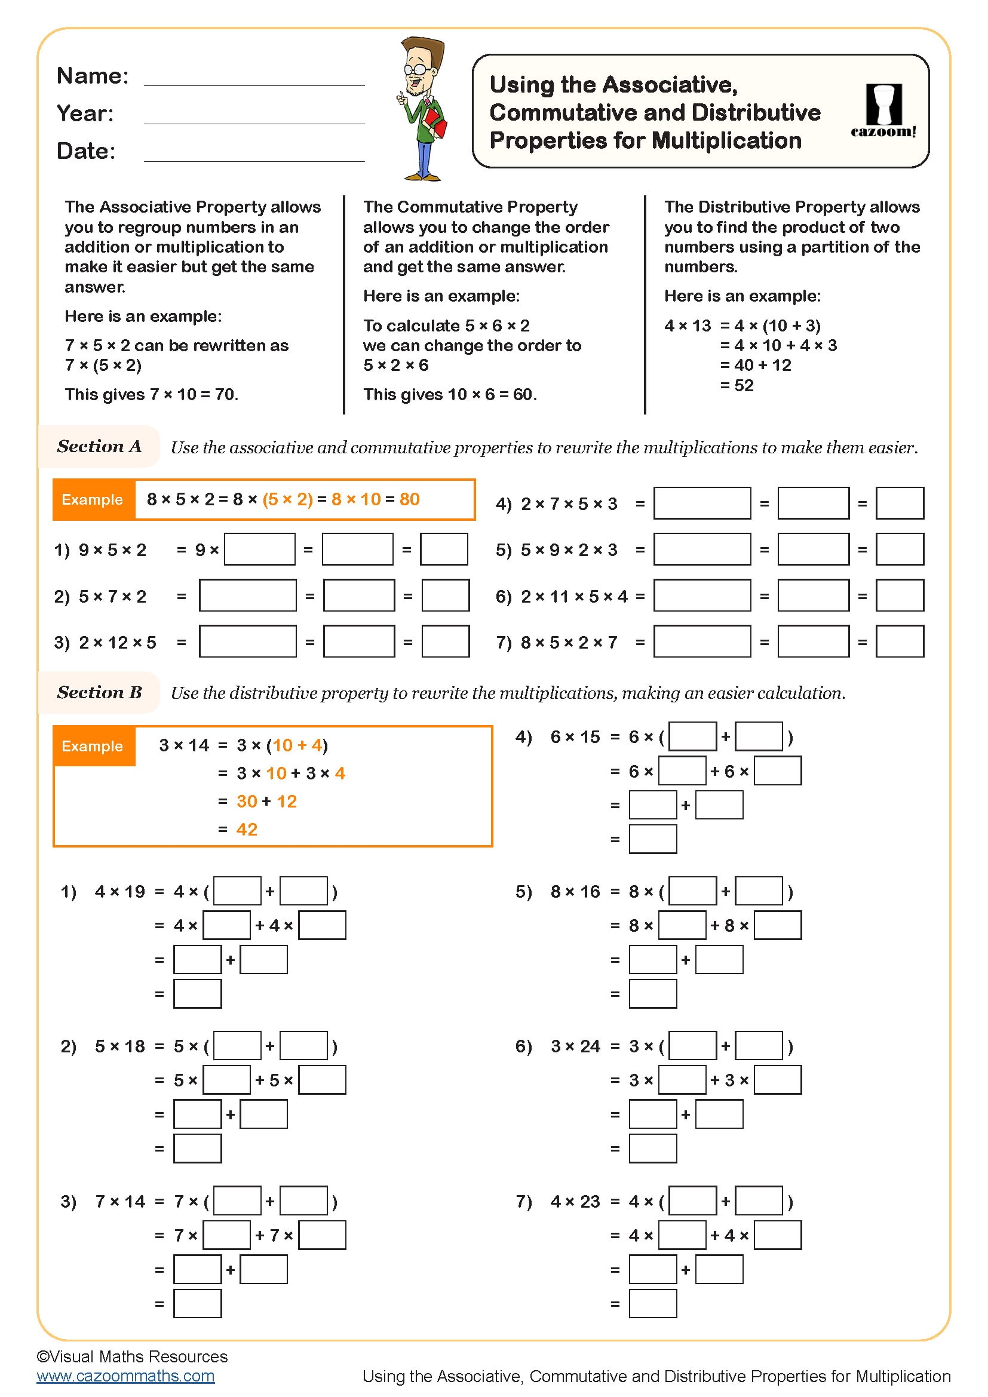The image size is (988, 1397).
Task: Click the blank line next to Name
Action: coord(254,84)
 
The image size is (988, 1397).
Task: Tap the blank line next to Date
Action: coord(254,160)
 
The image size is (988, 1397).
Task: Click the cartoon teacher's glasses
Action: coord(416,68)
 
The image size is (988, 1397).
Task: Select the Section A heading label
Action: coord(99,447)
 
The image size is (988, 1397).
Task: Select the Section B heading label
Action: coord(99,692)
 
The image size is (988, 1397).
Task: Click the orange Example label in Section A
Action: coord(93,499)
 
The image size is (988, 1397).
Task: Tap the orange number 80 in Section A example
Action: coord(409,499)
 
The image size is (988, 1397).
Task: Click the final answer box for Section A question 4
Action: coord(899,503)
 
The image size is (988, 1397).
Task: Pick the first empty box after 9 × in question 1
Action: coord(260,549)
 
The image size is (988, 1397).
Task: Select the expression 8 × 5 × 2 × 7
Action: coord(569,643)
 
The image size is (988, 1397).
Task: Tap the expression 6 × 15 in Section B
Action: coord(575,737)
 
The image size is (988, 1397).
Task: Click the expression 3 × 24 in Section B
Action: coord(575,1046)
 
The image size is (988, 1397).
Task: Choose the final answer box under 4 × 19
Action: coord(197,994)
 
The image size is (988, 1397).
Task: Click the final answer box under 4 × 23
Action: coord(653,1304)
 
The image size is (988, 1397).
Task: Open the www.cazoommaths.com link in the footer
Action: coord(125,1375)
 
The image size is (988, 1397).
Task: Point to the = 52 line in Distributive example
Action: coord(737,385)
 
